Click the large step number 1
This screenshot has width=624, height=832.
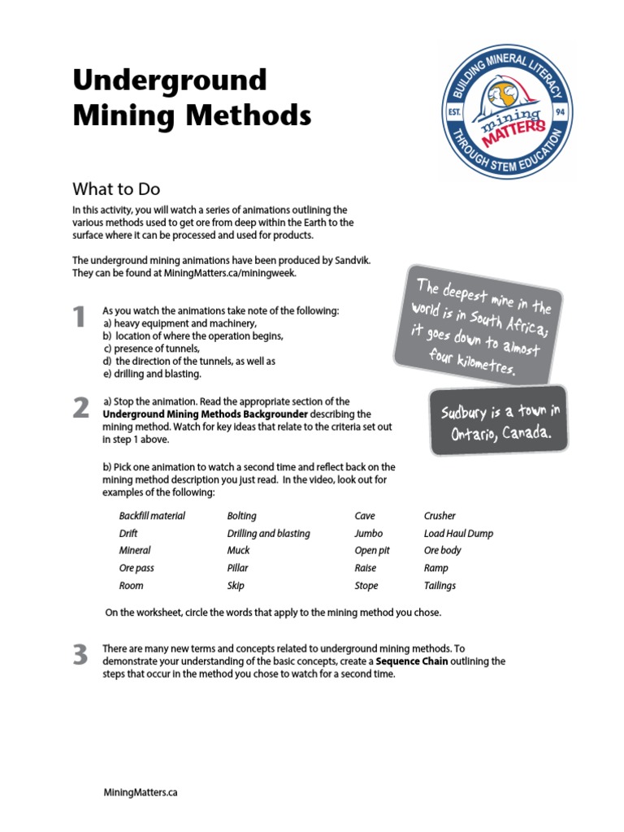pyautogui.click(x=79, y=317)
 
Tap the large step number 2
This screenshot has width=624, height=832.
pyautogui.click(x=80, y=408)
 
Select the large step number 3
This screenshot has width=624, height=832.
pyautogui.click(x=80, y=655)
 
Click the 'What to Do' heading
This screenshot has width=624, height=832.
pyautogui.click(x=116, y=189)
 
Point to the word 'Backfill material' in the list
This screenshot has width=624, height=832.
pyautogui.click(x=152, y=516)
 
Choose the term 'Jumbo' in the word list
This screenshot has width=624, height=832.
pyautogui.click(x=368, y=534)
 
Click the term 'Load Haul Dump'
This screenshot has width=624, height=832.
pyautogui.click(x=458, y=534)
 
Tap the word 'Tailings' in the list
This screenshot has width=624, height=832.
pyautogui.click(x=440, y=586)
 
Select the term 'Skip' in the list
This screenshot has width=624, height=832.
pyautogui.click(x=236, y=586)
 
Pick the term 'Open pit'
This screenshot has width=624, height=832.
pyautogui.click(x=372, y=551)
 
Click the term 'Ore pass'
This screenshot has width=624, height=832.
pyautogui.click(x=136, y=569)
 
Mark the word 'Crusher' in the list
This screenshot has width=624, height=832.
pyautogui.click(x=440, y=516)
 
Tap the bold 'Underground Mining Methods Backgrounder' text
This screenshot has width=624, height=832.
pyautogui.click(x=205, y=414)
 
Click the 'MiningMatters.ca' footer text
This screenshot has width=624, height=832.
pyautogui.click(x=141, y=792)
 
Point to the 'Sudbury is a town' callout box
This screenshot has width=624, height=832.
pyautogui.click(x=499, y=421)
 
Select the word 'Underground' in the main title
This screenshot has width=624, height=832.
pyautogui.click(x=170, y=80)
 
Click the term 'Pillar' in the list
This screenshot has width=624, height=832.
pyautogui.click(x=238, y=569)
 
